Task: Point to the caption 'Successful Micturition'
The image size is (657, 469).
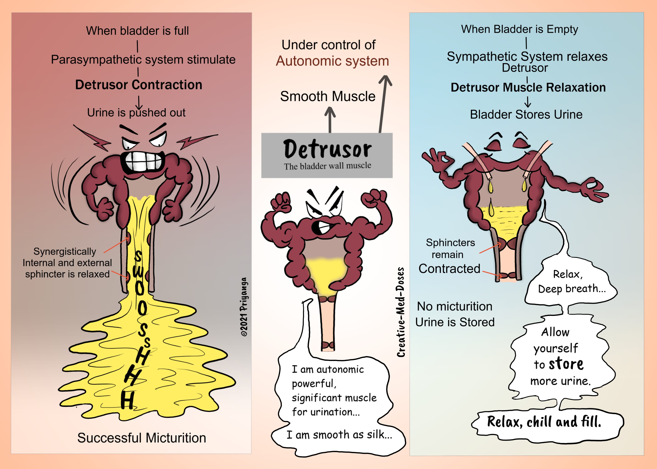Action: (x=142, y=438)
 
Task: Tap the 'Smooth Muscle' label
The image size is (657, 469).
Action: (x=328, y=96)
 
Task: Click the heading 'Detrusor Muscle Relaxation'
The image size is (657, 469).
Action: (x=528, y=87)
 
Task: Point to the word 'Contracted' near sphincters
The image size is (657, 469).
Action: (x=449, y=269)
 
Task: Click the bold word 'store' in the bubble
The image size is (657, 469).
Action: (x=566, y=364)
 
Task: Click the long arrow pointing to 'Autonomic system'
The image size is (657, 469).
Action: (x=383, y=104)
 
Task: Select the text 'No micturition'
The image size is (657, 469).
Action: (x=454, y=306)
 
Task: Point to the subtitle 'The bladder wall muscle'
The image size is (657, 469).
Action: (x=327, y=166)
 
